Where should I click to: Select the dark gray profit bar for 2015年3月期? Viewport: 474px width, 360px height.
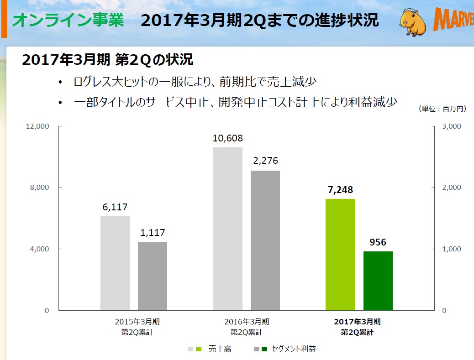coord(153,276)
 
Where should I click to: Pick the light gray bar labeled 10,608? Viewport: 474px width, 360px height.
coord(228,229)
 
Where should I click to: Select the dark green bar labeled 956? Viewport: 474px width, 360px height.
coord(378,281)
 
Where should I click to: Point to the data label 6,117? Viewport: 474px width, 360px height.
coord(115,207)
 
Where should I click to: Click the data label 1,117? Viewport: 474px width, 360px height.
coord(153,232)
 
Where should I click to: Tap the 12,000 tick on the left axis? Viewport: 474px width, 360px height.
coord(38,126)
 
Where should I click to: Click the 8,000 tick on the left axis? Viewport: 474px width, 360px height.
coord(40,188)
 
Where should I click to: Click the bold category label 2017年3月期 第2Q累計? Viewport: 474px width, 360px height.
coord(357,327)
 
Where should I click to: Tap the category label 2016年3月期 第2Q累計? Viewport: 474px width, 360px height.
coord(246,327)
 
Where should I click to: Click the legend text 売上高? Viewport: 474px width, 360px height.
coord(220,349)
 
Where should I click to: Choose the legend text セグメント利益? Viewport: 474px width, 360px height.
coord(294,349)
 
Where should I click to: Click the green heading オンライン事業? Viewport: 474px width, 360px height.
coord(68,21)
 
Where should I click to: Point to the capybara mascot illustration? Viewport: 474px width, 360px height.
coord(414,21)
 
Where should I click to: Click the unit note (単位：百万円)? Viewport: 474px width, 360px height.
coord(442,109)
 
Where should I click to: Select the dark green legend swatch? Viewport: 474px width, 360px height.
coord(264,350)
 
